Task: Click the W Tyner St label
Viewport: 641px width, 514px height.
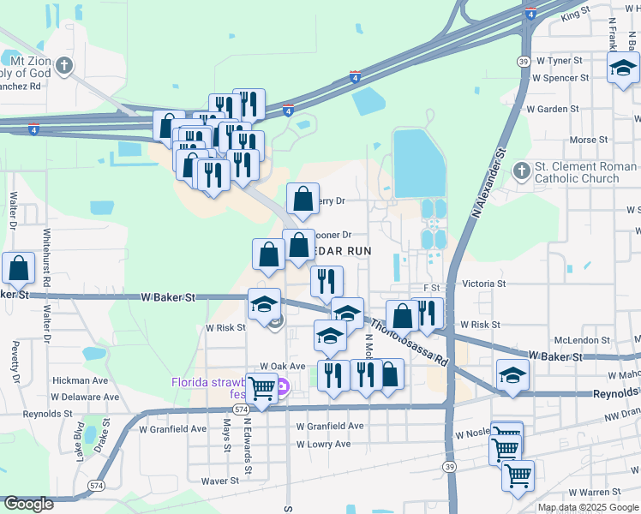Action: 557,61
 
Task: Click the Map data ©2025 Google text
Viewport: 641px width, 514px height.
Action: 588,507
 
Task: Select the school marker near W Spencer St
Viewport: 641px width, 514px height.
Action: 622,69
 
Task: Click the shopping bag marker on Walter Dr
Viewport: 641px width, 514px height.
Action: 18,268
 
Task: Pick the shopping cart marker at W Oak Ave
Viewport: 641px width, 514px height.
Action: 262,390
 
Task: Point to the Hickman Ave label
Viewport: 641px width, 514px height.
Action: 80,380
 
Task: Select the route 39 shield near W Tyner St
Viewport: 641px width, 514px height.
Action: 522,61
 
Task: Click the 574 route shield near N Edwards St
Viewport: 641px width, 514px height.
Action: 242,410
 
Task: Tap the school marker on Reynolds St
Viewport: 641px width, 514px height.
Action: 512,374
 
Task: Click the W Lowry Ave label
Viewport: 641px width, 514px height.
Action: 324,445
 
